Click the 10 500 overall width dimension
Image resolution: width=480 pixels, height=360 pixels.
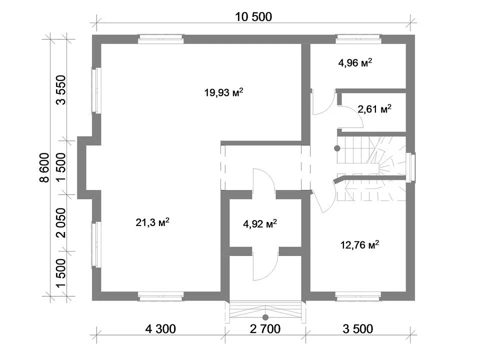(253, 16)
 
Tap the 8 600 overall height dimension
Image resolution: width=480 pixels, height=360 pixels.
(44, 167)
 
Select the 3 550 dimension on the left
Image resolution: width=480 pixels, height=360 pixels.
(61, 90)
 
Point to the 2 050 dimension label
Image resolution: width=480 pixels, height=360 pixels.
(61, 222)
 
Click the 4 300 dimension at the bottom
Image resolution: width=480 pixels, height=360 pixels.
(160, 329)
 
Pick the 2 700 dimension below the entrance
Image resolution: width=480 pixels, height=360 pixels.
(265, 329)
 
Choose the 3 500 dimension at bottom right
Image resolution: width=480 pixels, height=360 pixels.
(358, 329)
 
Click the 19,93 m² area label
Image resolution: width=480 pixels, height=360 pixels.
(224, 92)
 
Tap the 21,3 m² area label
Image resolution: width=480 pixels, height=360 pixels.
(152, 222)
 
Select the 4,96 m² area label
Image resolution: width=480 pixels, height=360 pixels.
(355, 63)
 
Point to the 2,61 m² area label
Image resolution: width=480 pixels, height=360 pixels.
(374, 108)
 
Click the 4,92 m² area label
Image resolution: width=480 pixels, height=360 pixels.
(260, 224)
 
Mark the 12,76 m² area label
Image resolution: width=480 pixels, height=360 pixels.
(359, 245)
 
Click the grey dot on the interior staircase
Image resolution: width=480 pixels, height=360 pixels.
(337, 148)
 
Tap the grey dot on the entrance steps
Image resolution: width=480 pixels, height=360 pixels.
(265, 317)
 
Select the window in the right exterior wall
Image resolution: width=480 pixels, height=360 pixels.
(411, 168)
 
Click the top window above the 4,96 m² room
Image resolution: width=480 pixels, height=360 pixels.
(358, 39)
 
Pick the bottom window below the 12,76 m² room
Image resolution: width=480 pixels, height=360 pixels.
(358, 296)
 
